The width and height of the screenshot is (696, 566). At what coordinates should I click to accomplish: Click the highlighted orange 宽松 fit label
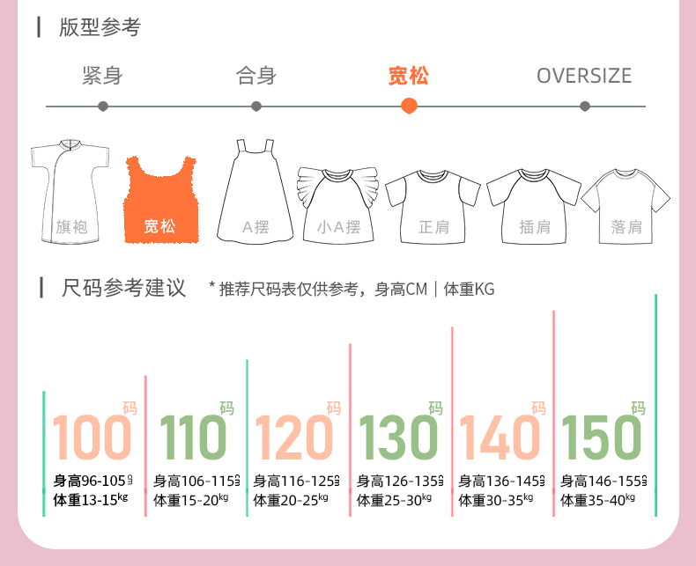point(409,76)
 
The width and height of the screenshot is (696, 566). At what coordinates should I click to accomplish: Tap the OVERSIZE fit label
point(584,76)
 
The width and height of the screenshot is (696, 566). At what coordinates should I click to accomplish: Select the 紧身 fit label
point(102,76)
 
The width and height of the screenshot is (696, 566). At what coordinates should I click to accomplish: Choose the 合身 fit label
point(256,76)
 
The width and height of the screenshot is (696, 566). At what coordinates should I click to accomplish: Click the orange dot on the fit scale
point(409,107)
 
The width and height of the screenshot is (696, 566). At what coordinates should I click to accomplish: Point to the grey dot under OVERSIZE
point(585,107)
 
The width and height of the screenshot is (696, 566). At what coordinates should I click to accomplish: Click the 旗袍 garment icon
point(70,192)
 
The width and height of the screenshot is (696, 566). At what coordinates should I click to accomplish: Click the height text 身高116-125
point(292,481)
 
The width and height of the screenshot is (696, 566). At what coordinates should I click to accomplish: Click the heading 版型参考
point(100,27)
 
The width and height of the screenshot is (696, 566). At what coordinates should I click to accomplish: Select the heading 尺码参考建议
point(124,288)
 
